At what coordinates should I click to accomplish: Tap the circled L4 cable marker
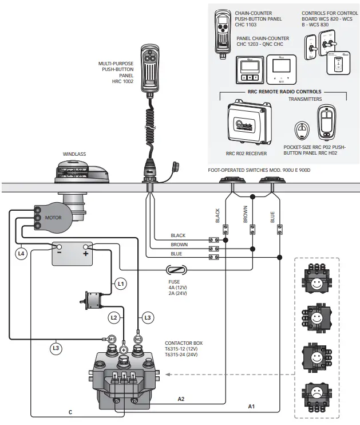[21, 252]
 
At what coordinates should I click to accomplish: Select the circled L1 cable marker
[120, 283]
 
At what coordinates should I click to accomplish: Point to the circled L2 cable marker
[114, 317]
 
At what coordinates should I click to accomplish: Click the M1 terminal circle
[112, 339]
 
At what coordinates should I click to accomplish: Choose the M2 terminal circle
[137, 339]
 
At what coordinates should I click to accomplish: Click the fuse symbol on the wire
[176, 270]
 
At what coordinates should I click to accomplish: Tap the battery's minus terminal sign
[59, 251]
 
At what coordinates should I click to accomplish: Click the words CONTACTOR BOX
[184, 343]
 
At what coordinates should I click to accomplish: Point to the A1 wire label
[251, 406]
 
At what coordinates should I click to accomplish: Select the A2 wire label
[181, 398]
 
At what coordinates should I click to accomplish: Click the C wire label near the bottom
[70, 412]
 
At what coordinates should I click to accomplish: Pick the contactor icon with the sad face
[317, 395]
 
